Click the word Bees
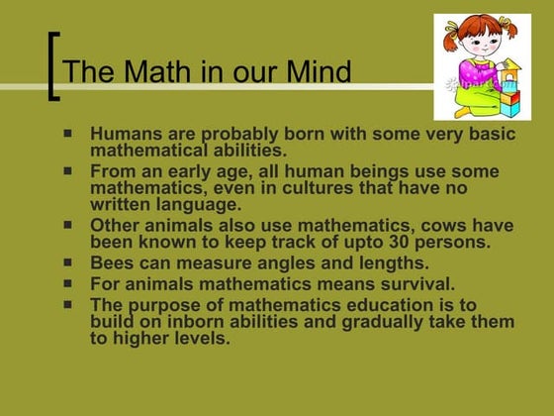click(x=110, y=262)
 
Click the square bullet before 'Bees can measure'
click(x=68, y=262)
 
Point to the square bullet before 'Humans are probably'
click(x=68, y=131)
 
